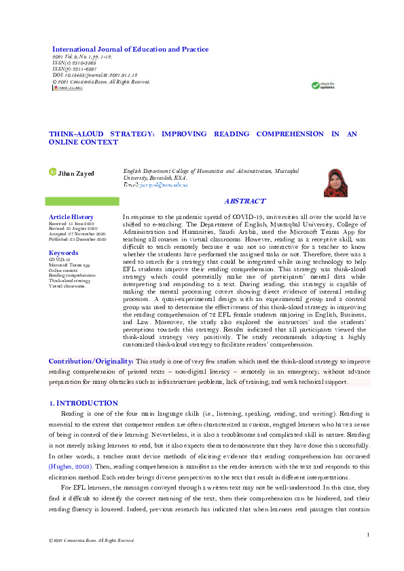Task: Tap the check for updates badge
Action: tap(323, 85)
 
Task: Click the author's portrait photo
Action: tap(335, 182)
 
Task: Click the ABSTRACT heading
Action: tap(245, 202)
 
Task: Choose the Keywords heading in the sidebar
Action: tap(64, 252)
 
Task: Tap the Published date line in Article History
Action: tap(77, 239)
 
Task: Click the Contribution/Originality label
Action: tap(91, 362)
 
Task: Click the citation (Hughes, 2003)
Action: tap(73, 467)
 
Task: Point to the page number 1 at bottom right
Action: tap(367, 535)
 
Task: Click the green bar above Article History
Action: tap(81, 201)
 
